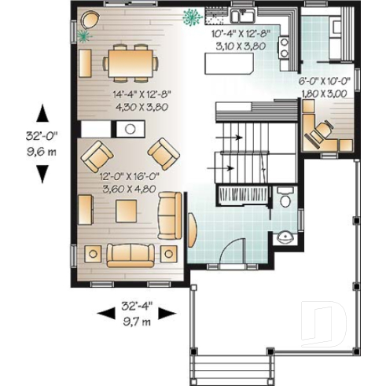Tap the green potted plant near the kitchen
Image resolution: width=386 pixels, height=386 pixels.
coord(190,17)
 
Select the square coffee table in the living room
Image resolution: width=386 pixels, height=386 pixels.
coord(127,210)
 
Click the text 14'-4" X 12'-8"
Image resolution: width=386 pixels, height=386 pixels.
coord(131,93)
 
